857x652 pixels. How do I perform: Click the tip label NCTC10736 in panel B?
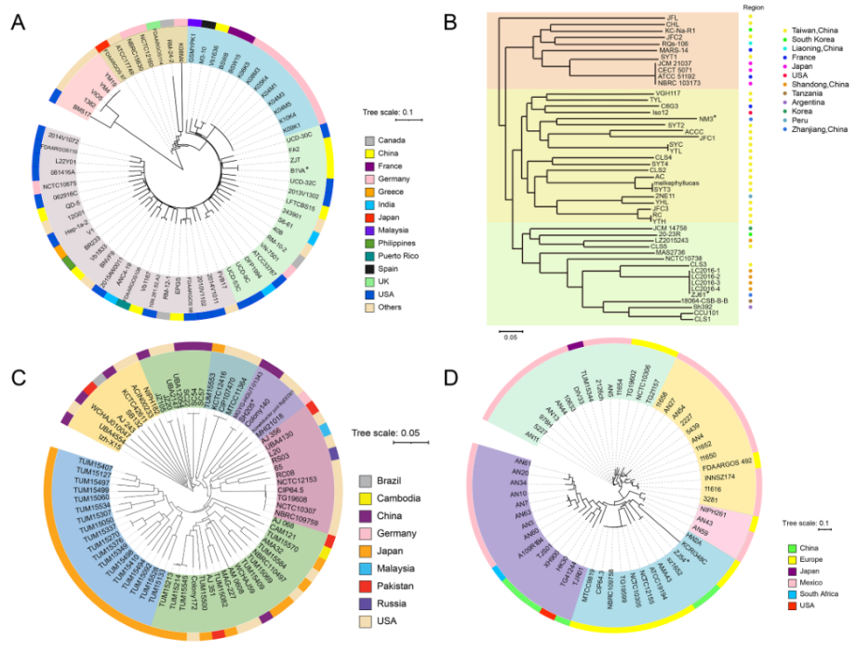pos(683,258)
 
